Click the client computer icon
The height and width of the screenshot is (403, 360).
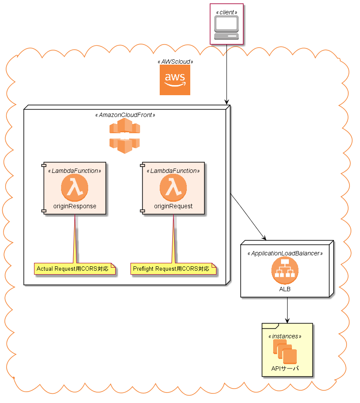(x=226, y=28)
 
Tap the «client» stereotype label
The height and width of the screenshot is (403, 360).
(x=226, y=12)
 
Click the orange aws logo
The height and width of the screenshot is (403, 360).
(x=175, y=80)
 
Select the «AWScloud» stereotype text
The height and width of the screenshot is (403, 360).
(x=175, y=62)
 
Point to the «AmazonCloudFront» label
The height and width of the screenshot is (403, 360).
(x=125, y=115)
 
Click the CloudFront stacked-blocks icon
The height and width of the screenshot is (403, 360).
(x=125, y=136)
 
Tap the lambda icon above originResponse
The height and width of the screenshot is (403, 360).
(x=75, y=188)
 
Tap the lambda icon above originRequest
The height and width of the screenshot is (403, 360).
(x=173, y=188)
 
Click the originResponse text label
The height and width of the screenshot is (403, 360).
(x=75, y=206)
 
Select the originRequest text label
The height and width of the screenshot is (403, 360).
(x=173, y=206)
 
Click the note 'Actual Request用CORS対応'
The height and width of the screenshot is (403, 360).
(x=75, y=269)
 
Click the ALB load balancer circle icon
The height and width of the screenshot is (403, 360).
(x=285, y=270)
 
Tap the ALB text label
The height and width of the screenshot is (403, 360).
(x=285, y=289)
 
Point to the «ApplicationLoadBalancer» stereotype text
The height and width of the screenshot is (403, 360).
(x=285, y=253)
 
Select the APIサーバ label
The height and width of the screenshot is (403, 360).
(x=285, y=369)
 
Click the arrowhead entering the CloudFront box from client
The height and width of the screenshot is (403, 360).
(x=226, y=101)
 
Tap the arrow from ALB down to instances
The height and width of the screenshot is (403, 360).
(x=287, y=310)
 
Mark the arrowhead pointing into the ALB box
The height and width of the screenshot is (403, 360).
(x=264, y=238)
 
